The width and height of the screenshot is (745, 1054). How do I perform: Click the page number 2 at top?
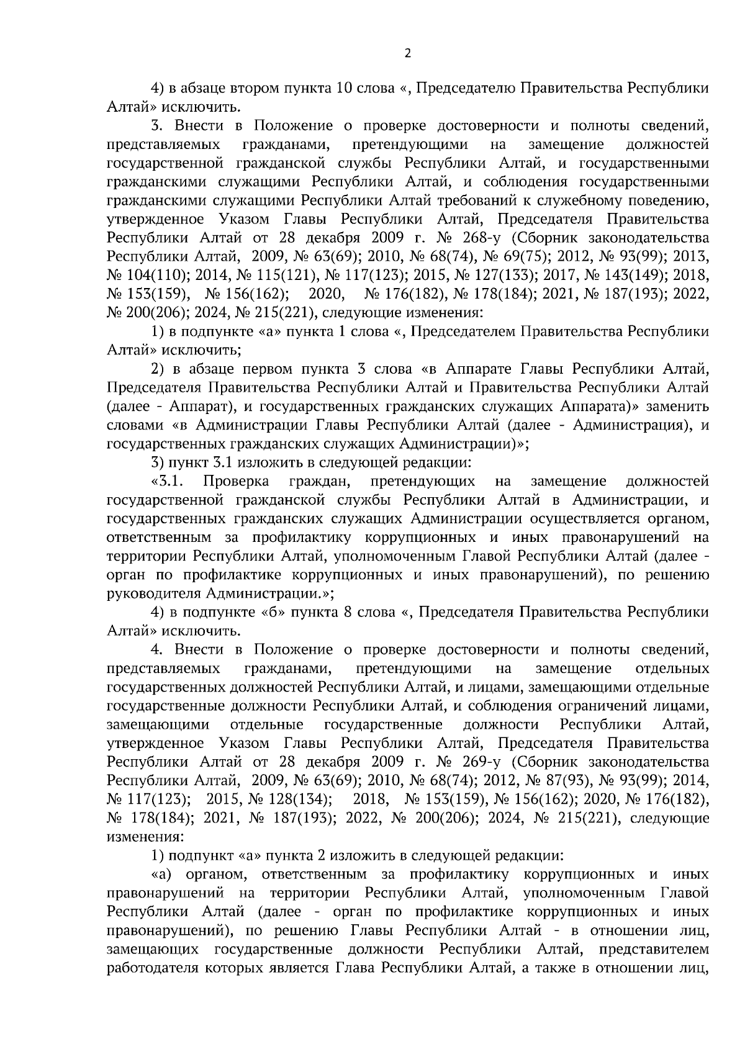pyautogui.click(x=407, y=53)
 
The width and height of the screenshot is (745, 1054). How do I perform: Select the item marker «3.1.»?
pyautogui.click(x=166, y=482)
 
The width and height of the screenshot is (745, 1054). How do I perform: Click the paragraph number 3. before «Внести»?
pyautogui.click(x=156, y=127)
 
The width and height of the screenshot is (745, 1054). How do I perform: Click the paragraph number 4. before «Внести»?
pyautogui.click(x=156, y=650)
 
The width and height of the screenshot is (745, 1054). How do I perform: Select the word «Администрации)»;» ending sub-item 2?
pyautogui.click(x=463, y=444)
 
